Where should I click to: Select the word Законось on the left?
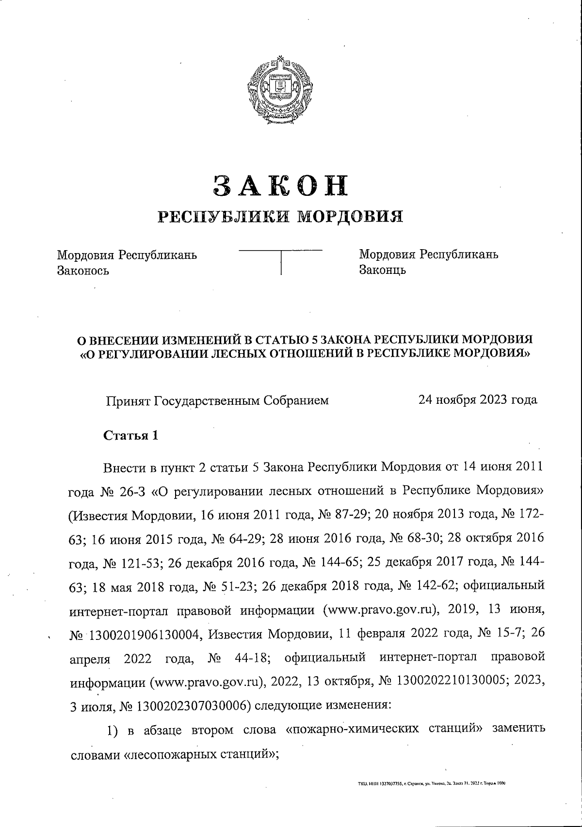pos(83,270)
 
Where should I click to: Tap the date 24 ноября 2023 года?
pos(478,400)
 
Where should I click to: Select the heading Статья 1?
pos(131,435)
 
